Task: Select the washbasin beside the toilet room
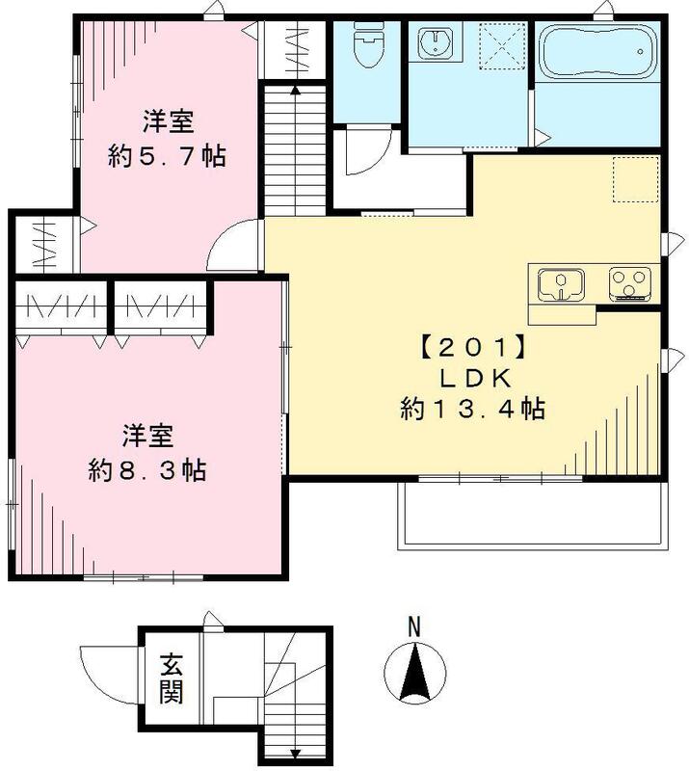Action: [437, 43]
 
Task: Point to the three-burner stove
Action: [630, 284]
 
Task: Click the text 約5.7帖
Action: [168, 156]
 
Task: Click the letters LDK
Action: [472, 376]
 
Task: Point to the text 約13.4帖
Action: [472, 410]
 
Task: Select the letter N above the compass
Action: [413, 626]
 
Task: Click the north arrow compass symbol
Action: [413, 672]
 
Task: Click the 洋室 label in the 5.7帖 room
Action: [170, 122]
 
